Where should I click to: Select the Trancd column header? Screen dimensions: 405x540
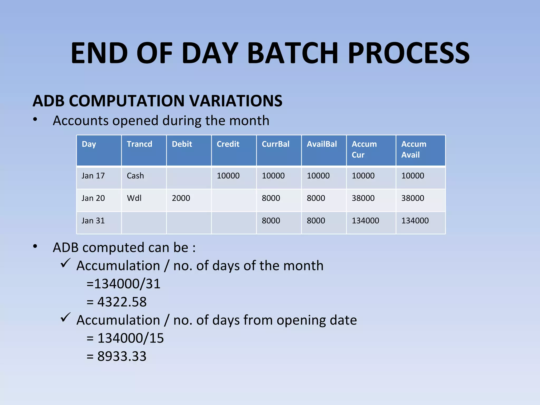click(139, 144)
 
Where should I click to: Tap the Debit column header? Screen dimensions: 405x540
click(182, 144)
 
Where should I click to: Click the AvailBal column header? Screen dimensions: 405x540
click(322, 144)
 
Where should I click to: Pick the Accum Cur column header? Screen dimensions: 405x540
click(364, 149)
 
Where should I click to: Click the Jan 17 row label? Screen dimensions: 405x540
click(93, 176)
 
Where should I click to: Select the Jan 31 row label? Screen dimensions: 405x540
click(93, 220)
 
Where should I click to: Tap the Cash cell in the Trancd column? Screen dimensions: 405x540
click(135, 176)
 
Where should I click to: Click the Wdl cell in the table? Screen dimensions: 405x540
click(134, 198)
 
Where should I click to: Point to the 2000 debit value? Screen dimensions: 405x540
click(181, 198)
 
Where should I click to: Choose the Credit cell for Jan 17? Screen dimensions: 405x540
click(228, 176)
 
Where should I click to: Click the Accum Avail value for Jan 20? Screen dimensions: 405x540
click(413, 198)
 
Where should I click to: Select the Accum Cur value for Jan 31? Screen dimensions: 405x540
click(365, 220)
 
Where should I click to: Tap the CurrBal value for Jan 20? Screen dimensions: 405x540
click(271, 198)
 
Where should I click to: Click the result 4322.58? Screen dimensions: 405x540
click(122, 302)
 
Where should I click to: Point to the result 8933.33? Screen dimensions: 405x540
click(122, 356)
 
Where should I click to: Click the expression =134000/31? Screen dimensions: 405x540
click(123, 284)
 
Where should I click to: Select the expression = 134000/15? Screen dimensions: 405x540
click(125, 338)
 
